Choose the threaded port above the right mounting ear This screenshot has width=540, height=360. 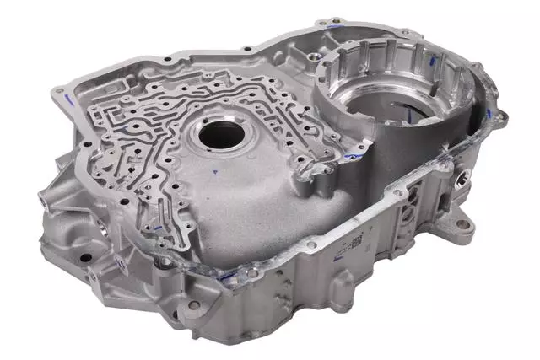coord(463,179)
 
